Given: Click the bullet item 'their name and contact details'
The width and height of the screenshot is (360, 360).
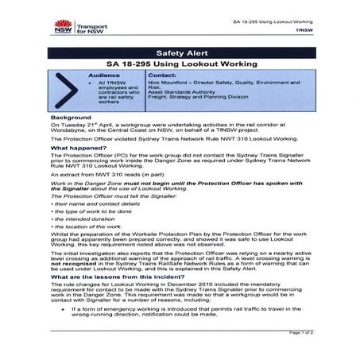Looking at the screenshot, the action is pos(95,204).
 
